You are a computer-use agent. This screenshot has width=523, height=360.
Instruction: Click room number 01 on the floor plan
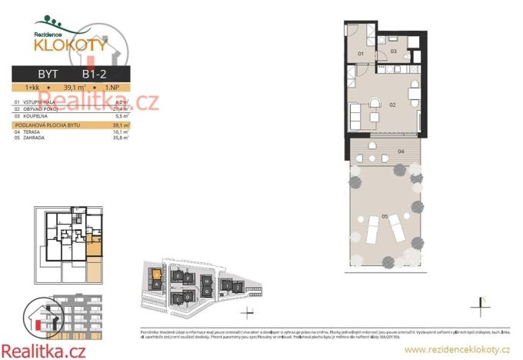(361, 54)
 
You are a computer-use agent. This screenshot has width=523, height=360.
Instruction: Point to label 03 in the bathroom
(393, 52)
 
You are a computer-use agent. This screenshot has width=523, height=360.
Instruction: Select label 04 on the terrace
(401, 152)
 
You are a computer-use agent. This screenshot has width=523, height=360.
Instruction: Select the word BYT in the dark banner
(48, 74)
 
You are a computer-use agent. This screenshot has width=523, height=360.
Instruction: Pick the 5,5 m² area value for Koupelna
(121, 116)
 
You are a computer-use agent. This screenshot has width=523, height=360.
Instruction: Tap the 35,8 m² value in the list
(120, 138)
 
